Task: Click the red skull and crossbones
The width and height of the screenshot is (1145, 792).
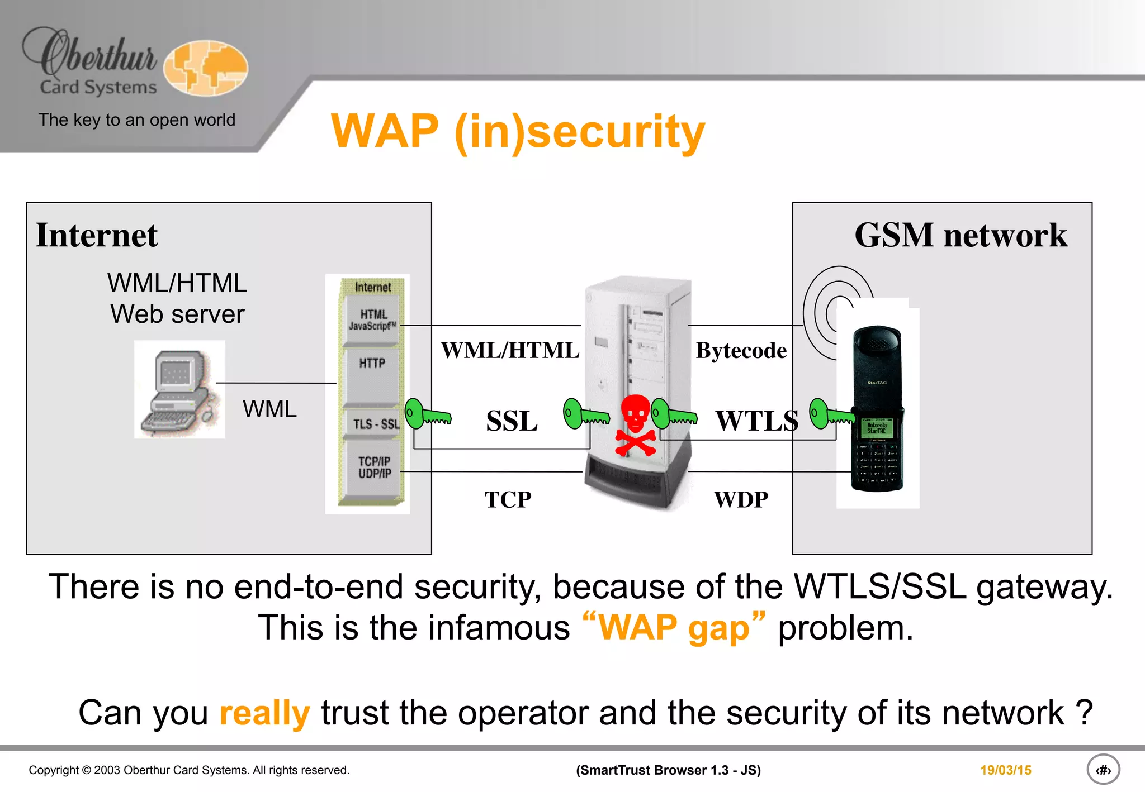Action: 636,425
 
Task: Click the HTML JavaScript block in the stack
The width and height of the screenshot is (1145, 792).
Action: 372,320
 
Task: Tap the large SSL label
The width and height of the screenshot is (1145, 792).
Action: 512,421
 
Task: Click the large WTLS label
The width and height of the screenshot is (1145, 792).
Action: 757,421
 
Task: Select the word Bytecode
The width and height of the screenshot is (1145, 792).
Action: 741,351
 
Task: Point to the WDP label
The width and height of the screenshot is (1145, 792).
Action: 741,499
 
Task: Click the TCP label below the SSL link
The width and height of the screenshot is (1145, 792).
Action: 508,499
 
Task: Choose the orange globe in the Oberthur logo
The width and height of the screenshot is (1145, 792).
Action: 206,68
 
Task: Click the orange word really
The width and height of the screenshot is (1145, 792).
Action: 264,713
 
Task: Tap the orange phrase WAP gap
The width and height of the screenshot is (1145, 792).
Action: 674,627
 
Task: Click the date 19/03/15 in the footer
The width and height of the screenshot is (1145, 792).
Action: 1005,770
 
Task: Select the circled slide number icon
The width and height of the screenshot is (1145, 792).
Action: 1103,770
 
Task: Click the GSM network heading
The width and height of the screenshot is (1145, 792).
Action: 961,235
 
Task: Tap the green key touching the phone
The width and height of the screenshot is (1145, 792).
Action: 831,414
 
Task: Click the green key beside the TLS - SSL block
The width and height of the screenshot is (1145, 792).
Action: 427,414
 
